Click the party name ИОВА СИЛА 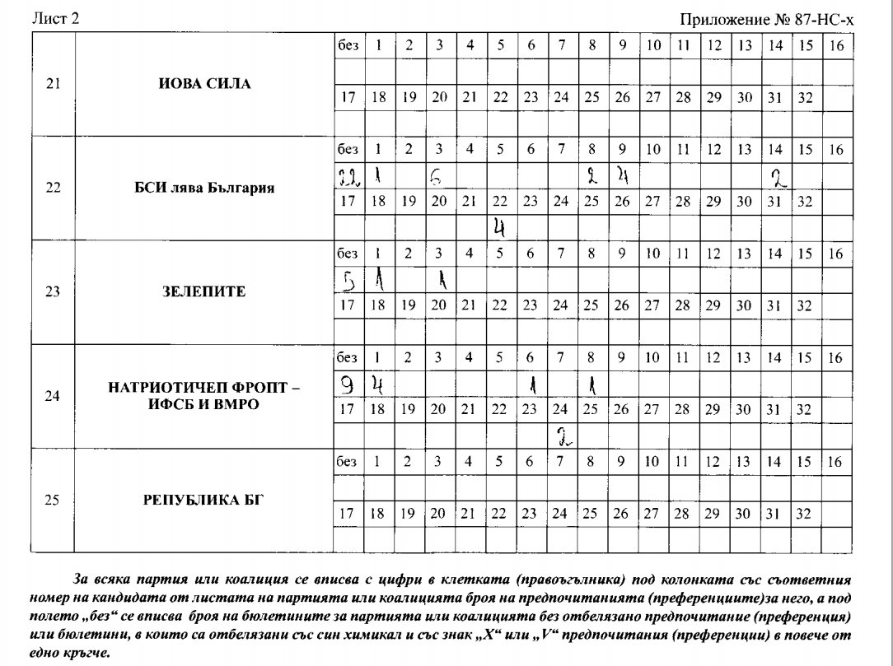(204, 84)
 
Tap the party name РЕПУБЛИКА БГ (204, 499)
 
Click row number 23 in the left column (53, 291)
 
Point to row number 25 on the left (53, 499)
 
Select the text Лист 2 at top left (55, 19)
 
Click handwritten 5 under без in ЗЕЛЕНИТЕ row (348, 281)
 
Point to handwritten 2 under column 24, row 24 (562, 435)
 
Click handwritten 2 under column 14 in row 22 (776, 175)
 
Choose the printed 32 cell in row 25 (806, 514)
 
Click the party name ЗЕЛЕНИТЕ (204, 291)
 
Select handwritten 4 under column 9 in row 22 (624, 175)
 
